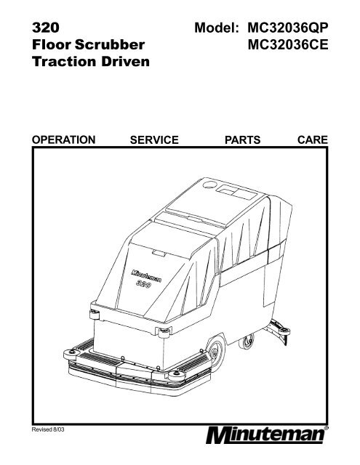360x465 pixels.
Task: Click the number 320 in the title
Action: click(x=46, y=28)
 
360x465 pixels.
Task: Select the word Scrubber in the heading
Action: click(x=110, y=44)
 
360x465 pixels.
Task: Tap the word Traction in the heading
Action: click(x=64, y=61)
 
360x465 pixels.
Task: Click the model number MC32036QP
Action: click(x=288, y=28)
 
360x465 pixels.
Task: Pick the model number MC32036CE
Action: click(x=288, y=45)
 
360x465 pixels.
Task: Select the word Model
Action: click(x=217, y=28)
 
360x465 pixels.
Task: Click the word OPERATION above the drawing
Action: click(x=63, y=139)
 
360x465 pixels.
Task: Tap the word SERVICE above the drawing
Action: click(x=154, y=139)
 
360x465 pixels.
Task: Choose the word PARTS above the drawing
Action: click(x=242, y=139)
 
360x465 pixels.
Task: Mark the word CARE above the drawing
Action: click(x=313, y=139)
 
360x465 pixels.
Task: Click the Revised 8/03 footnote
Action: click(x=48, y=429)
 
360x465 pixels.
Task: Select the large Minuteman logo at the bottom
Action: click(x=265, y=435)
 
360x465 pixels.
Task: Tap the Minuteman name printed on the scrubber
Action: click(x=146, y=275)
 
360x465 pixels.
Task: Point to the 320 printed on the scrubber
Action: click(x=144, y=284)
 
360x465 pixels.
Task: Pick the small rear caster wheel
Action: click(x=247, y=342)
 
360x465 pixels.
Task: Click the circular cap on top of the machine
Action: click(x=210, y=185)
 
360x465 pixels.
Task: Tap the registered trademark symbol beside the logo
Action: click(x=327, y=428)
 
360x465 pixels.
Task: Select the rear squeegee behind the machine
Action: click(x=279, y=331)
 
